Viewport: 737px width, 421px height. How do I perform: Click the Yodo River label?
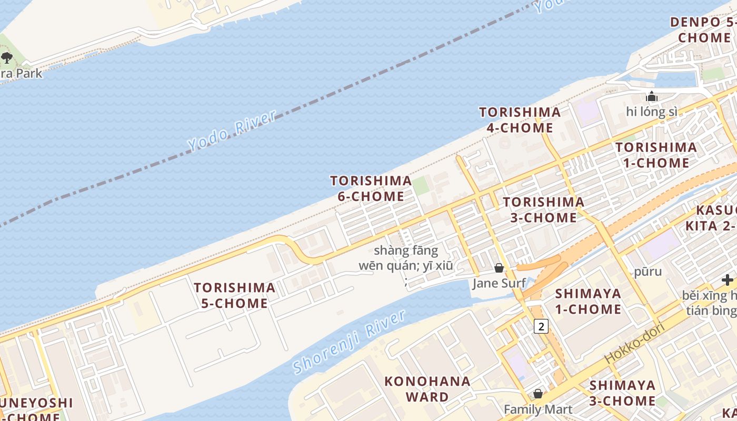point(232,131)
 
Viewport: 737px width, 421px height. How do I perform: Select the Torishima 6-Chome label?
point(371,188)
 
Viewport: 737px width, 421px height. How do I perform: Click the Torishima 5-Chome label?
point(234,295)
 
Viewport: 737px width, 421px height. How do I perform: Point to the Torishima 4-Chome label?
point(520,120)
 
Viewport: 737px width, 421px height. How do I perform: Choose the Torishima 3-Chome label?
point(543,209)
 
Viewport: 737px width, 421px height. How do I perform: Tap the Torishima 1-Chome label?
point(656,155)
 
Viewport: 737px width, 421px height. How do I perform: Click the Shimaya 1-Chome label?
point(588,300)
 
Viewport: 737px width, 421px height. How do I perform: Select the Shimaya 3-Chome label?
point(622,393)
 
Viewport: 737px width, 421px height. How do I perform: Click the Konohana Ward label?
point(427,389)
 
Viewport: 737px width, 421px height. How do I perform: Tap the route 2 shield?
point(541,326)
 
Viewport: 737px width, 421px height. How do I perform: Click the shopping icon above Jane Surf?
point(499,268)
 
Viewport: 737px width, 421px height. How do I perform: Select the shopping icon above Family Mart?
point(538,394)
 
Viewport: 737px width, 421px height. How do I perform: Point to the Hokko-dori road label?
point(634,343)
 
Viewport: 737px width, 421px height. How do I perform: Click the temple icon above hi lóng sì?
point(652,97)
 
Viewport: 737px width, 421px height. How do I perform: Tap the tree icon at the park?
point(7,57)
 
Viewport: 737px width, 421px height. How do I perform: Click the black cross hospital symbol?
point(728,280)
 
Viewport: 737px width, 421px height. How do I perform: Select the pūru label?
point(648,272)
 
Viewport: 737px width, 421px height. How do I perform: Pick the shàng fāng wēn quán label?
point(406,258)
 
